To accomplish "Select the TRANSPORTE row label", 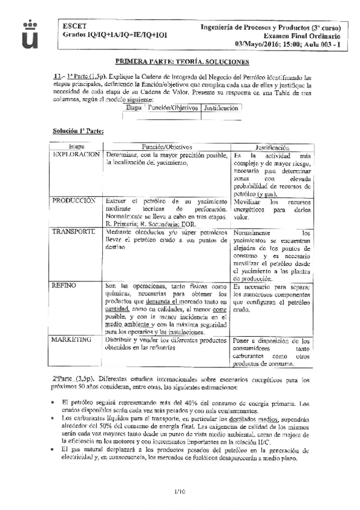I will tap(73, 232).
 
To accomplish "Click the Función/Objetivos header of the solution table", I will tap(166, 146).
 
